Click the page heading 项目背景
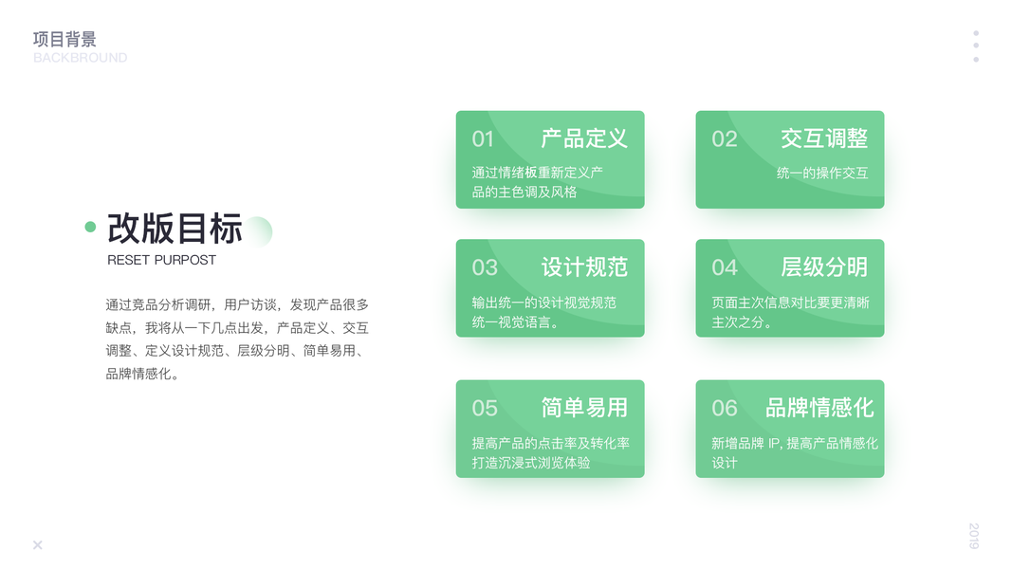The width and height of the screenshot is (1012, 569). coord(64,39)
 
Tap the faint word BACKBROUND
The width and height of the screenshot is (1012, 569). coord(80,58)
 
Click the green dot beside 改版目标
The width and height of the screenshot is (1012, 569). coord(90,227)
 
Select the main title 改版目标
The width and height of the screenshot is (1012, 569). coord(175,229)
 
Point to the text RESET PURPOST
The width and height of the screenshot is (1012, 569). coord(161,260)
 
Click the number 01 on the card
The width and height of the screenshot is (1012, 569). coord(483,139)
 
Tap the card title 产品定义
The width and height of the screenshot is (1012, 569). coord(584,138)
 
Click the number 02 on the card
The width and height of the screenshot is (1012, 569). coord(725,139)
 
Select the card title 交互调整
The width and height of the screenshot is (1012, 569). coord(824,138)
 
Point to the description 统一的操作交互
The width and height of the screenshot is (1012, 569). coord(822,173)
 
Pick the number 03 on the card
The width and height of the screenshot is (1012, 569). coord(485,267)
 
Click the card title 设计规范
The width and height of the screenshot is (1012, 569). coord(584,267)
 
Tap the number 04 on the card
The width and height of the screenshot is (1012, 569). coord(725,267)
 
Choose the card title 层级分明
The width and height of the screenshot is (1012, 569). coord(824,267)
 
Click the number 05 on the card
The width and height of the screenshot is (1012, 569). coord(485,409)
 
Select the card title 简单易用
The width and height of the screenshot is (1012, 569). coord(584,408)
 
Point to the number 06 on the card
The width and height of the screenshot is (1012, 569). coord(725,409)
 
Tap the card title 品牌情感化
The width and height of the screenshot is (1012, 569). coord(819,408)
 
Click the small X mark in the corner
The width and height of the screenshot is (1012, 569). coord(37,545)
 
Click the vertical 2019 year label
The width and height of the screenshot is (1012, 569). coord(974,536)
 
